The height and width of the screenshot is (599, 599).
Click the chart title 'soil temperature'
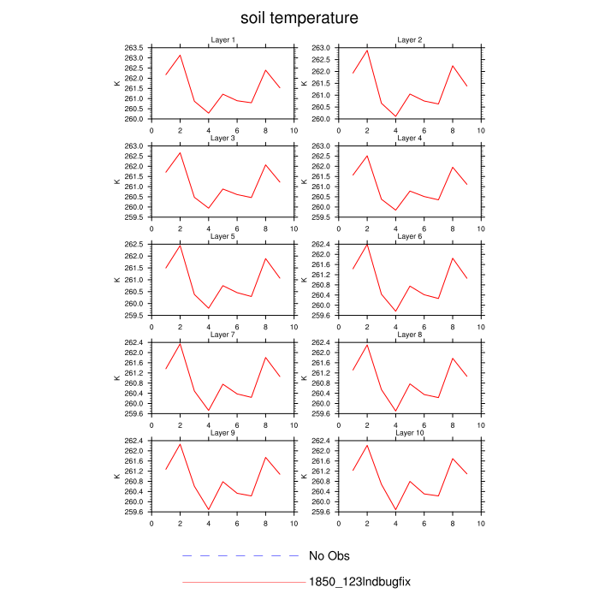click(299, 18)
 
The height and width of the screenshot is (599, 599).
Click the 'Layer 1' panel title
click(223, 40)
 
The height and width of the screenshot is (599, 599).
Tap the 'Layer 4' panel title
click(409, 138)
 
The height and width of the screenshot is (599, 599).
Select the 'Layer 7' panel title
click(223, 334)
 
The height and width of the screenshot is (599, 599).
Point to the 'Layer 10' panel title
click(409, 433)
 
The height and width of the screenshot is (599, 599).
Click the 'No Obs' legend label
click(329, 556)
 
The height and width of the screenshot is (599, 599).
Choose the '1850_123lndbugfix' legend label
click(360, 582)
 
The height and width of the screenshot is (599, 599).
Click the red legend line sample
click(244, 582)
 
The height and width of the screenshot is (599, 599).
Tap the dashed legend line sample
click(244, 556)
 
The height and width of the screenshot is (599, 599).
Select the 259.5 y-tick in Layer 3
click(134, 217)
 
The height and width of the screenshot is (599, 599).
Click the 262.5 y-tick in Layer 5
click(134, 245)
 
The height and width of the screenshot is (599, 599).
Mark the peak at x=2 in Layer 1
click(180, 56)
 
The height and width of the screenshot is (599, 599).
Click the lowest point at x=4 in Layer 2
click(395, 116)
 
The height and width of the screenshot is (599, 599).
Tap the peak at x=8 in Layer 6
click(453, 258)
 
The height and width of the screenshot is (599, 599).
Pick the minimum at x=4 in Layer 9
click(209, 510)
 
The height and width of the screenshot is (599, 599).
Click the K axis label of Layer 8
click(304, 378)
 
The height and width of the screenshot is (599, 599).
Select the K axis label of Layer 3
click(117, 181)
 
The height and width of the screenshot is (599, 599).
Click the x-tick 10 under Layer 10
click(480, 523)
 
